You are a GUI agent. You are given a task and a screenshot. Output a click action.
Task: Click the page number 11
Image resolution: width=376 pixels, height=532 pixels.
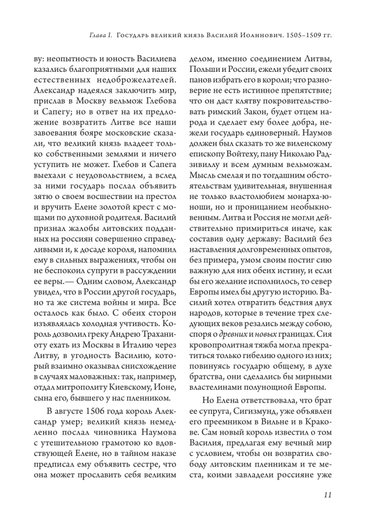pos(328,495)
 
